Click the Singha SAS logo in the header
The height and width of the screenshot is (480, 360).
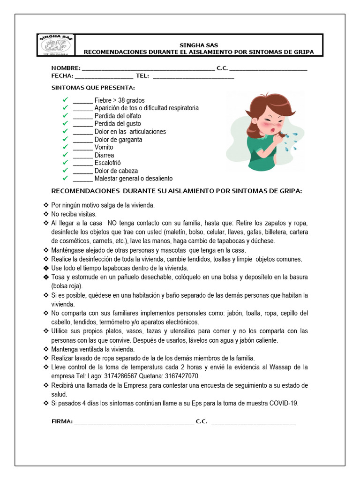click(x=55, y=45)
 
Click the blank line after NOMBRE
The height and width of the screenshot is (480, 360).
click(x=148, y=69)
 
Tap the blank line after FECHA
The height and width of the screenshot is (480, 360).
click(x=104, y=76)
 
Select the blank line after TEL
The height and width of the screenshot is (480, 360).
click(x=193, y=76)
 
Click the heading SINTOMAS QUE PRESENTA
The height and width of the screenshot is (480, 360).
click(x=93, y=88)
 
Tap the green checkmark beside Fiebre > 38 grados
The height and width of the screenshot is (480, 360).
click(x=65, y=100)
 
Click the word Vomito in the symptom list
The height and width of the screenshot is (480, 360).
click(x=104, y=147)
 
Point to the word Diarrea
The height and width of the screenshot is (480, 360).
click(x=104, y=155)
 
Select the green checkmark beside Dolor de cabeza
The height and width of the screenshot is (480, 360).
click(x=65, y=171)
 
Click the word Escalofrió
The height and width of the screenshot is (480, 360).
click(x=108, y=163)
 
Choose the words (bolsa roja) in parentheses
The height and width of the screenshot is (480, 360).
click(x=67, y=286)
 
